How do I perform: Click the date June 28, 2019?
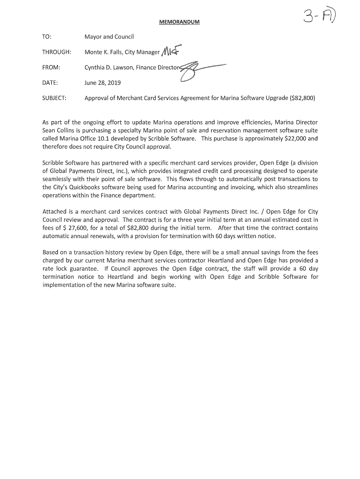[102, 83]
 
